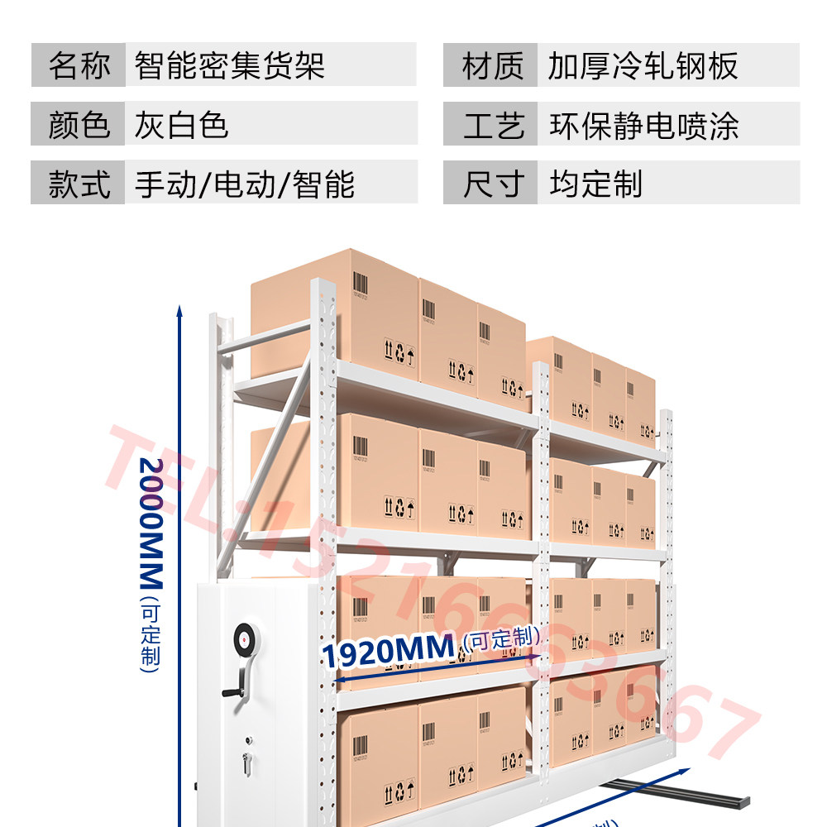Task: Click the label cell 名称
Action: (x=79, y=65)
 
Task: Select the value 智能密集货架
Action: (x=229, y=65)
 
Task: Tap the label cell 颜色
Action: (x=79, y=125)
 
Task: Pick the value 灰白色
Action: (x=181, y=125)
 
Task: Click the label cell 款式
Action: (x=79, y=184)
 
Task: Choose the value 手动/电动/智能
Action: (x=245, y=184)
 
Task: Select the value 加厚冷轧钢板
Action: (x=643, y=66)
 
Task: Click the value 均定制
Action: (x=595, y=184)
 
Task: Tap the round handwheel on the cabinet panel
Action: (x=245, y=638)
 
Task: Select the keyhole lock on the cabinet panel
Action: (x=246, y=761)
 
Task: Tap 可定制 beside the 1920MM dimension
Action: (x=502, y=638)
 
